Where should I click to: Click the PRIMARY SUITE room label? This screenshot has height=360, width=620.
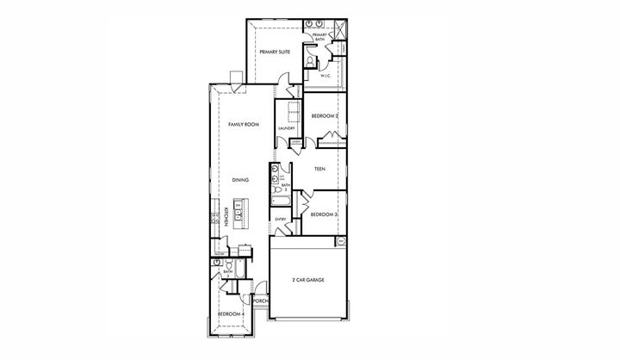click(x=275, y=53)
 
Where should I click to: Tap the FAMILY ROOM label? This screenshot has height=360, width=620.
click(x=244, y=125)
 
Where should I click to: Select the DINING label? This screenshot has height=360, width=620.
click(x=241, y=180)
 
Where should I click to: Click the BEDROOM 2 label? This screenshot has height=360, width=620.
click(x=325, y=115)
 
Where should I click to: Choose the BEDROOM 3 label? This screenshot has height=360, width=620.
click(x=323, y=214)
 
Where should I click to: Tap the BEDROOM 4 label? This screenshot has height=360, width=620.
click(x=231, y=314)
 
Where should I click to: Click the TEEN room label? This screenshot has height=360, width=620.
click(x=319, y=169)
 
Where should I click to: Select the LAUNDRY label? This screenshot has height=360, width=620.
click(x=287, y=129)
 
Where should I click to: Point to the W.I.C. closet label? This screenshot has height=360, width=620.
click(x=326, y=76)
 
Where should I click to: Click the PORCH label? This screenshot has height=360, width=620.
click(x=261, y=301)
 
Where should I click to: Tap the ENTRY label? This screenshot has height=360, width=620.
click(x=281, y=220)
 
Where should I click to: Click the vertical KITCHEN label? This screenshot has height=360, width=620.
click(x=226, y=215)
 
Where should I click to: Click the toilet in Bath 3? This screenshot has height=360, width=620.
click(x=218, y=262)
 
